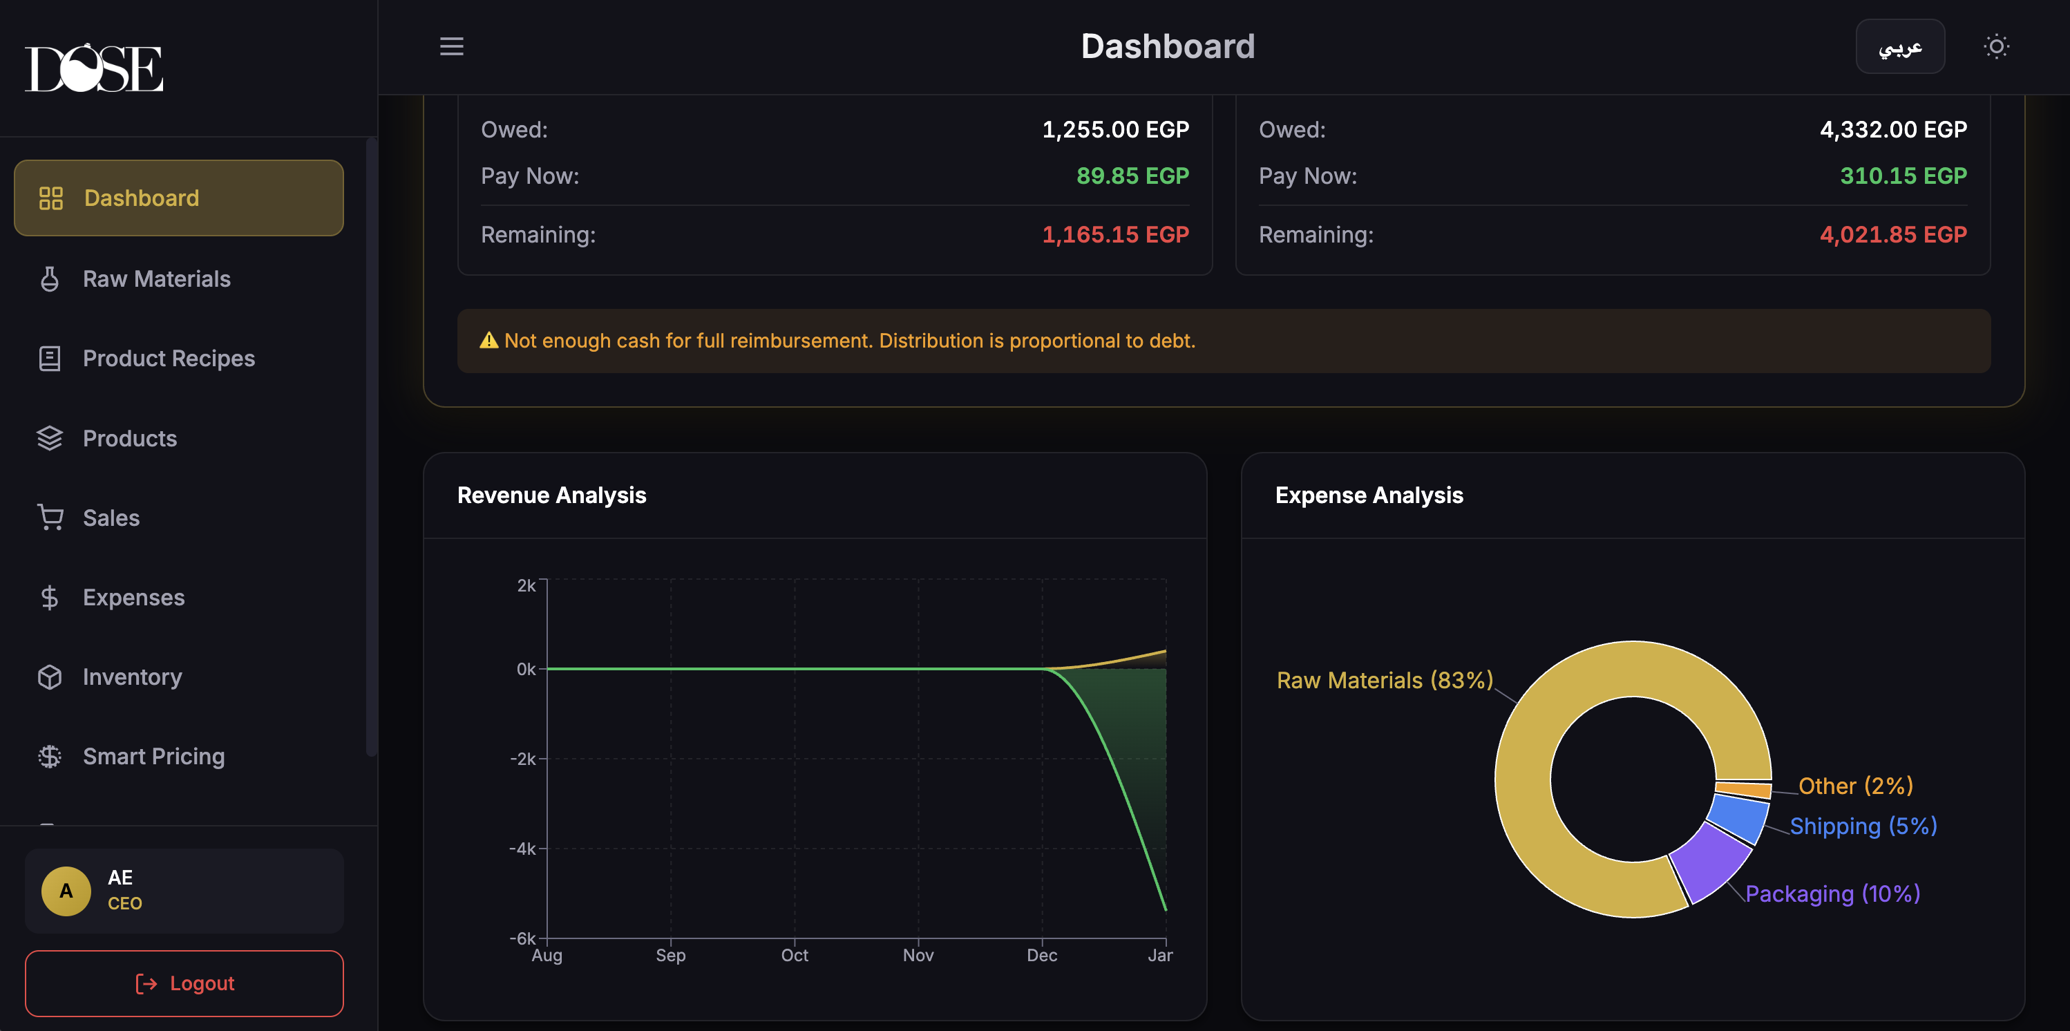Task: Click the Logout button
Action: (184, 983)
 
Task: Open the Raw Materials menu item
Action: (156, 279)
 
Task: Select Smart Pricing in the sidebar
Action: (153, 756)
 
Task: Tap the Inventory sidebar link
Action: (132, 677)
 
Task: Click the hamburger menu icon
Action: (452, 46)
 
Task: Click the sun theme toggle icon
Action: (1996, 46)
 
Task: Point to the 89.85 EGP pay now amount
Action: (1132, 176)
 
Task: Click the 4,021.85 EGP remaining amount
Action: (1892, 235)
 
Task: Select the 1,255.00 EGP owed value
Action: (1115, 129)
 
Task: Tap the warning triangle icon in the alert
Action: (488, 341)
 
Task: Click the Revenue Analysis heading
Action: (551, 495)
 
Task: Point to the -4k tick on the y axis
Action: (523, 849)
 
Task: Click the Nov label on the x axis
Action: (918, 955)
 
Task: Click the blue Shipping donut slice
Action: (1737, 817)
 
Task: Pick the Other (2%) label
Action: (1854, 785)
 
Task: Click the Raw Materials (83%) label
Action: (1384, 680)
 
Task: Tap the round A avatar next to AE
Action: (66, 890)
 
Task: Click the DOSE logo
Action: (94, 68)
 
